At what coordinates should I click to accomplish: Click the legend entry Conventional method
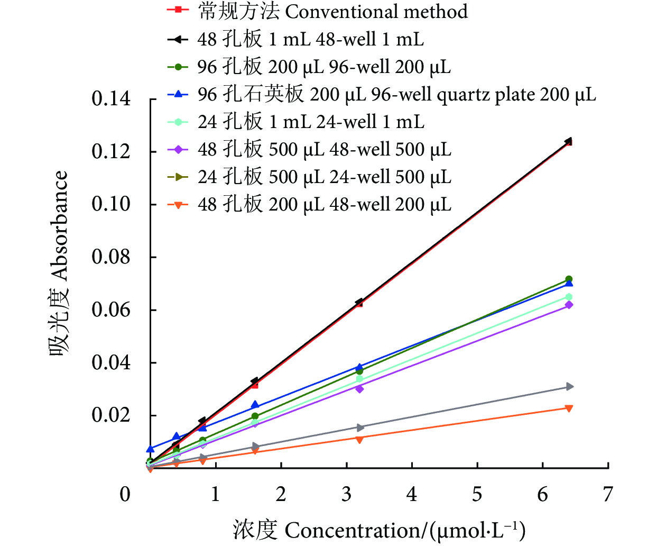click(317, 11)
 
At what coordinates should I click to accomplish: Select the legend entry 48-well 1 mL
click(296, 39)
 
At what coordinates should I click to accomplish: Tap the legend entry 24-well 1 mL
click(296, 122)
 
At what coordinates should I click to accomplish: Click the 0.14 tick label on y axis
click(111, 99)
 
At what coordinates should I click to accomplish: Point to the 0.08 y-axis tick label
click(111, 257)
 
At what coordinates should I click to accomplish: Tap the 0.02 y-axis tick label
click(111, 415)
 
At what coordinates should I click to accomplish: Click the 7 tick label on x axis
click(608, 494)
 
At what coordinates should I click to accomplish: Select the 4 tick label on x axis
click(412, 494)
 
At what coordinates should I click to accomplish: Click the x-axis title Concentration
click(379, 530)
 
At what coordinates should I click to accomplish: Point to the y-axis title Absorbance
click(59, 263)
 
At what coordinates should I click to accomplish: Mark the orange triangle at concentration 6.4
click(569, 408)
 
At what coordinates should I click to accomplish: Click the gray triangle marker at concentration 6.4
click(569, 387)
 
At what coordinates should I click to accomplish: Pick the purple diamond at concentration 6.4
click(569, 305)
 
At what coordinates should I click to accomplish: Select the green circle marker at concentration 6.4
click(569, 279)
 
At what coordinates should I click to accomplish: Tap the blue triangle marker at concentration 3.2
click(359, 367)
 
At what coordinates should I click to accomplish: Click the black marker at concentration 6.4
click(568, 141)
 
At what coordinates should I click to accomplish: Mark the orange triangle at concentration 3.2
click(359, 439)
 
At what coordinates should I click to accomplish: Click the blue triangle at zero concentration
click(151, 449)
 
